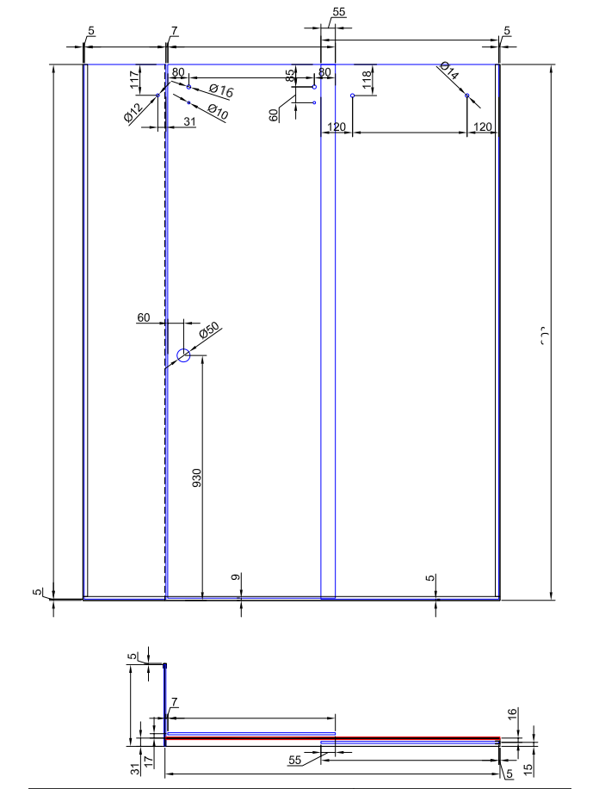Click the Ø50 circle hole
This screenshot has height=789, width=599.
click(x=183, y=354)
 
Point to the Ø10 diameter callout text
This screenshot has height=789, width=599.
click(x=217, y=111)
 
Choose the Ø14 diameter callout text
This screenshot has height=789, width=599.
click(x=448, y=71)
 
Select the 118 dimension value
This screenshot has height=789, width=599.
click(x=367, y=80)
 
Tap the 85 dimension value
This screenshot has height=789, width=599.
click(x=292, y=76)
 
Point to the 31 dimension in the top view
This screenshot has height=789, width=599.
click(x=188, y=121)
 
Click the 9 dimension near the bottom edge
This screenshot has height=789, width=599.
click(x=236, y=578)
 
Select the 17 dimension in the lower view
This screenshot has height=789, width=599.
click(x=150, y=761)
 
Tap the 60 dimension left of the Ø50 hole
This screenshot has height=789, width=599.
click(x=145, y=317)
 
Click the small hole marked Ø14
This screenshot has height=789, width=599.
click(x=467, y=96)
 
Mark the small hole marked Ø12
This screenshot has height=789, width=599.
click(x=157, y=96)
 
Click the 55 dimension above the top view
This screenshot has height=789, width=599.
click(x=337, y=11)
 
